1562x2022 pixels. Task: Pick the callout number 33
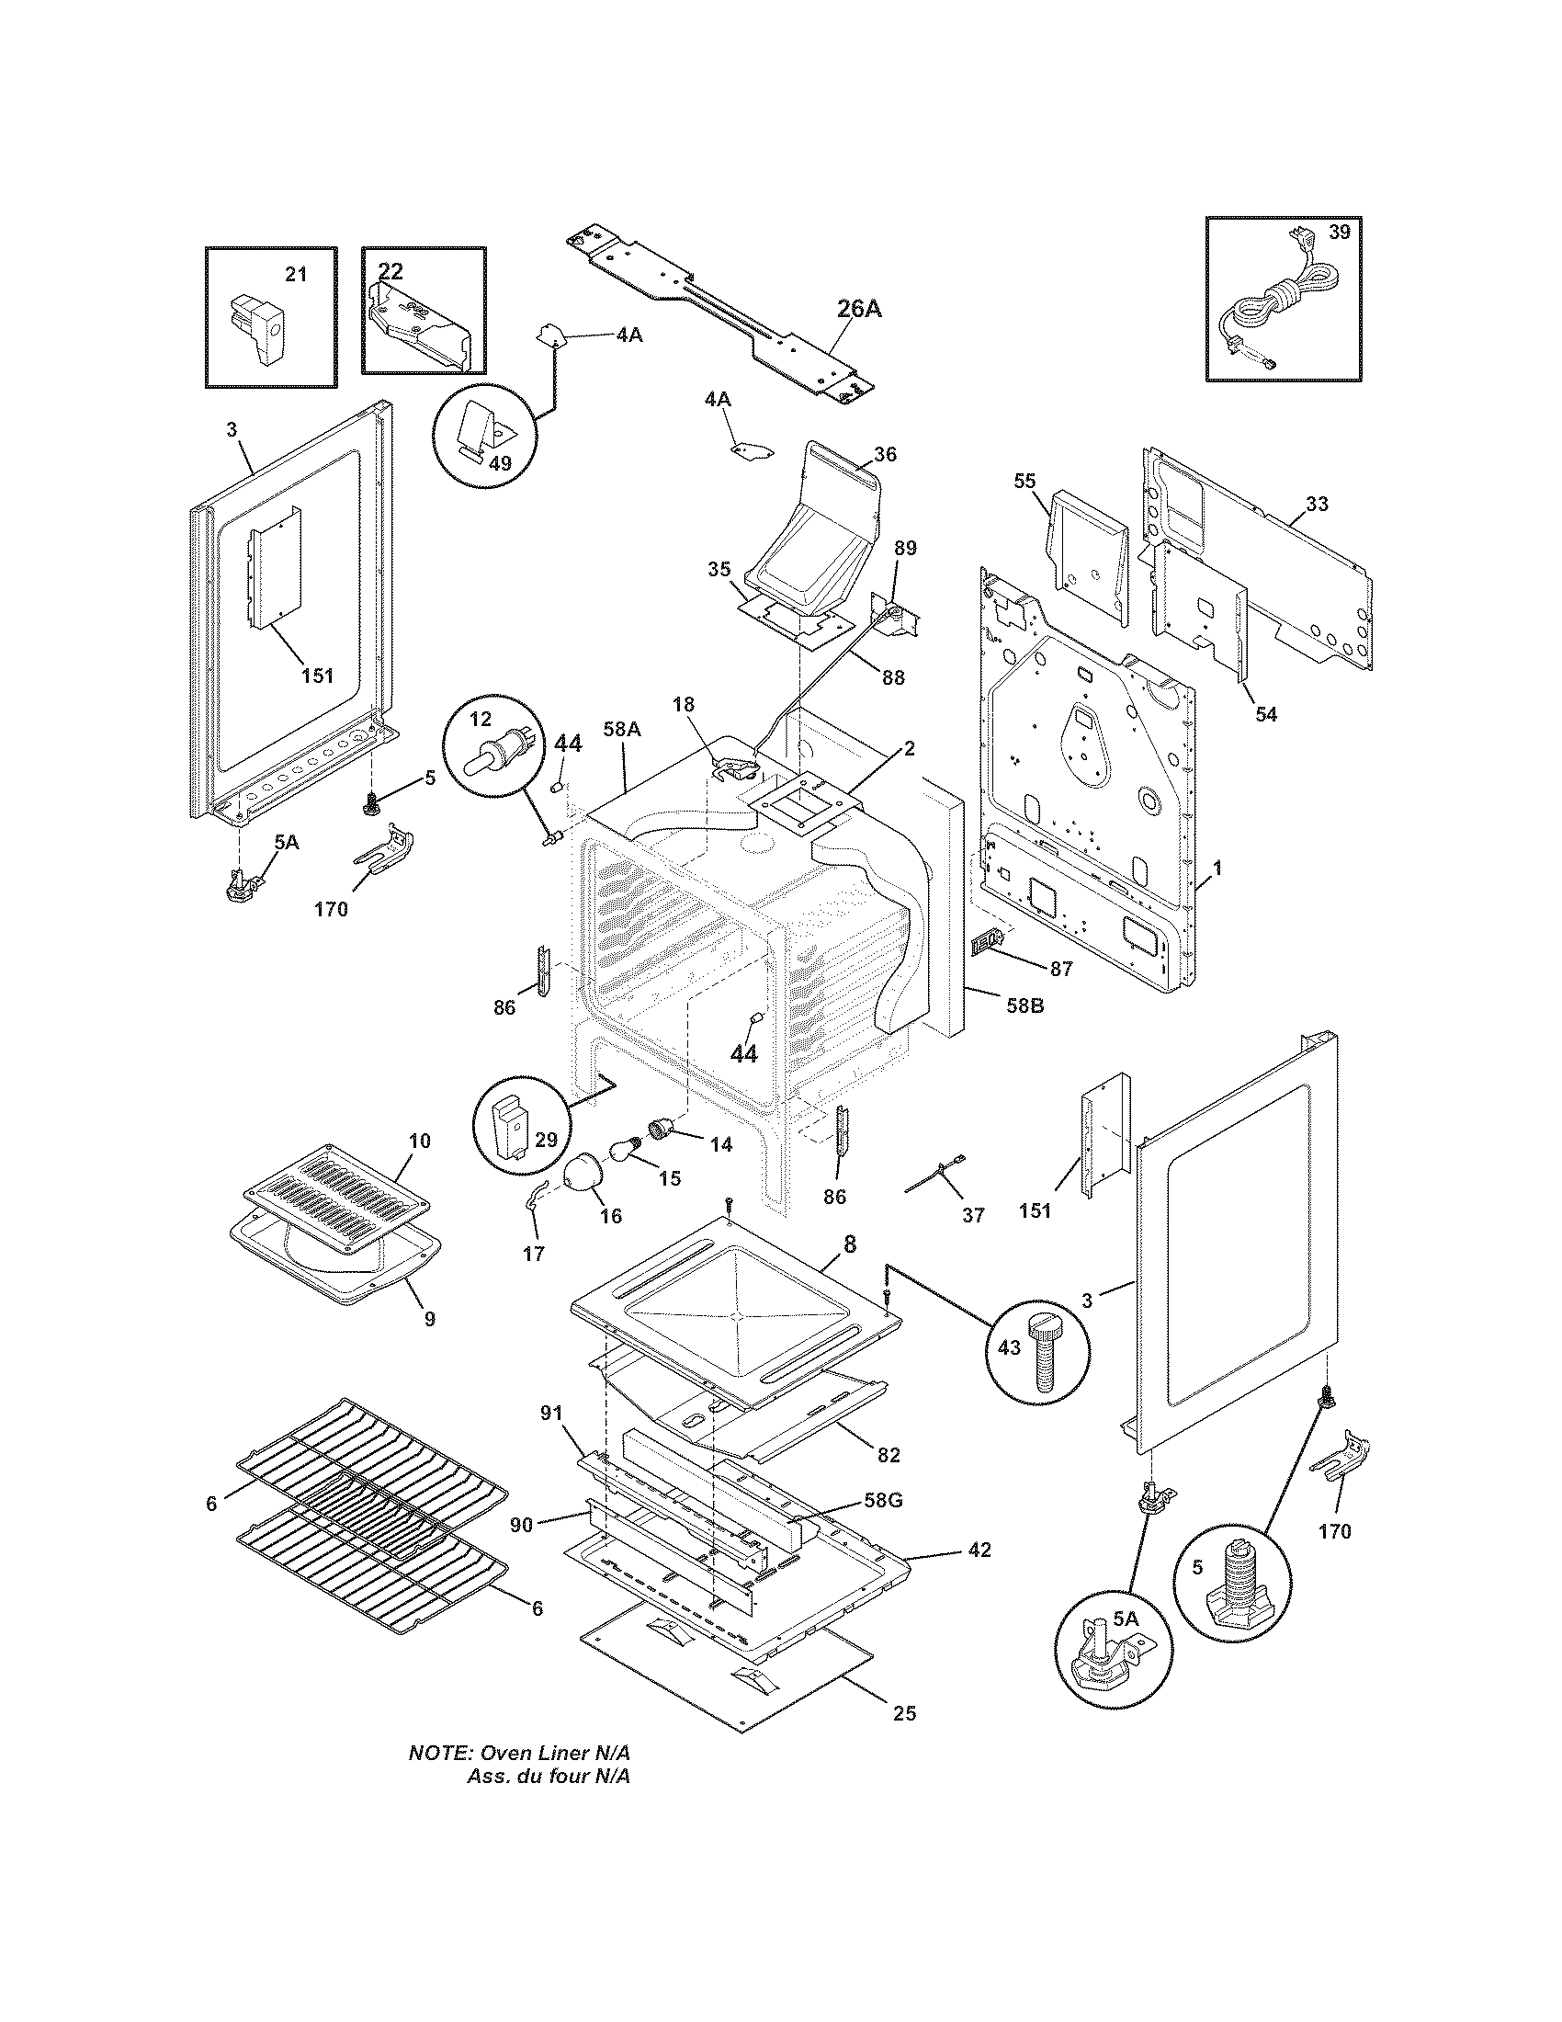click(1317, 504)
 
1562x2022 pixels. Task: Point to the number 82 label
click(888, 1456)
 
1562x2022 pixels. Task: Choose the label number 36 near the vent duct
click(885, 455)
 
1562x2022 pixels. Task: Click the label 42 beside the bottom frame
click(979, 1549)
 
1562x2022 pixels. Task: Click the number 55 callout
click(1024, 481)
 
